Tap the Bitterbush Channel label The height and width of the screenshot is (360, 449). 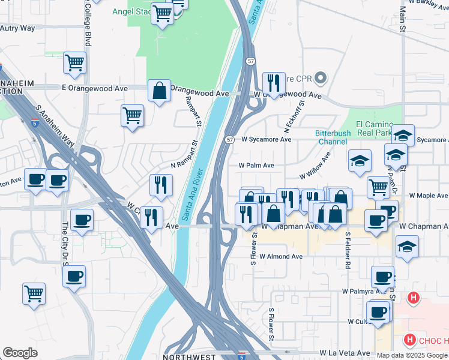[x=331, y=137]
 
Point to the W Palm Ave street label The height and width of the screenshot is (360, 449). [x=256, y=166]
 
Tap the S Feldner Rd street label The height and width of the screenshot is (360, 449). [x=347, y=250]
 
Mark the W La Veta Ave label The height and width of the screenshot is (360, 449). [x=345, y=353]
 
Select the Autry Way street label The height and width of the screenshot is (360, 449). [x=18, y=28]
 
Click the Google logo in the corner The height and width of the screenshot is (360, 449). [x=20, y=353]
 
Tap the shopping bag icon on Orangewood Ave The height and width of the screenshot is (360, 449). [x=160, y=91]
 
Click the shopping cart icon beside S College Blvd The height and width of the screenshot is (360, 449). [x=74, y=62]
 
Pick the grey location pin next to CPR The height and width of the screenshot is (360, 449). [x=321, y=77]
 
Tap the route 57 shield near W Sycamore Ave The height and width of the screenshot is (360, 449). [x=230, y=139]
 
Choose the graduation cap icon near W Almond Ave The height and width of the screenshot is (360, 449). [x=407, y=247]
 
